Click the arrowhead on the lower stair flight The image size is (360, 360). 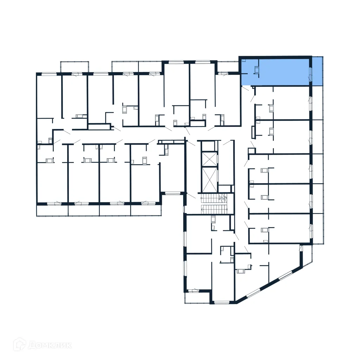pyautogui.click(x=203, y=209)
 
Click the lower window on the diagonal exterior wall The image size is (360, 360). pyautogui.click(x=253, y=292)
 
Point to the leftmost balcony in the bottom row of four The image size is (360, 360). pyautogui.click(x=52, y=210)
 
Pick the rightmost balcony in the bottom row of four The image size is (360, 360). pyautogui.click(x=146, y=210)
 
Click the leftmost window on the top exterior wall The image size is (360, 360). pyautogui.click(x=49, y=74)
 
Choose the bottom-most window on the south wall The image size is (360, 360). pyautogui.click(x=221, y=302)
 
